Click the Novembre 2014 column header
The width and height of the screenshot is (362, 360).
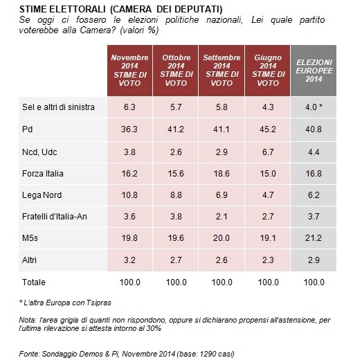[x=129, y=71]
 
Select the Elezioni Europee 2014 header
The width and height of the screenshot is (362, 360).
[x=314, y=71]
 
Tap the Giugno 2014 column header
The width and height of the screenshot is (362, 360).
[x=268, y=71]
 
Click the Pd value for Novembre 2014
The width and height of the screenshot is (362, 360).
[x=129, y=129]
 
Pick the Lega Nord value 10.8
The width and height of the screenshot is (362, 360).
[x=129, y=195]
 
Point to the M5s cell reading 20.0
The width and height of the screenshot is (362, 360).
[x=221, y=238]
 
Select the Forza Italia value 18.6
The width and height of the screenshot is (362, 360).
[x=221, y=174]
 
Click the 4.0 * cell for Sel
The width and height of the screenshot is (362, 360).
[x=314, y=107]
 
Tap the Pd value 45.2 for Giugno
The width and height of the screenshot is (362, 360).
[x=268, y=129]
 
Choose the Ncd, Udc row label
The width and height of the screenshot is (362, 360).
[x=39, y=152]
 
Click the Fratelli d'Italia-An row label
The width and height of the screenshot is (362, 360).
[x=55, y=217]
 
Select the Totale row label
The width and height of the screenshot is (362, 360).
[x=34, y=282]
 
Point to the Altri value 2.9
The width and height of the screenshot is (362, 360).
[x=314, y=260]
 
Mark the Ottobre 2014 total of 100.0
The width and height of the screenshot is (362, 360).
[x=176, y=282]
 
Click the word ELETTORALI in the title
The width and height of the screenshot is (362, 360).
[x=78, y=10]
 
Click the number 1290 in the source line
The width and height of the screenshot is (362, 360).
[x=208, y=354]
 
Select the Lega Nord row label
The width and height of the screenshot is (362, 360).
[x=42, y=195]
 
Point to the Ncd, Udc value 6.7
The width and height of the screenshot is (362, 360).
[x=268, y=152]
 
